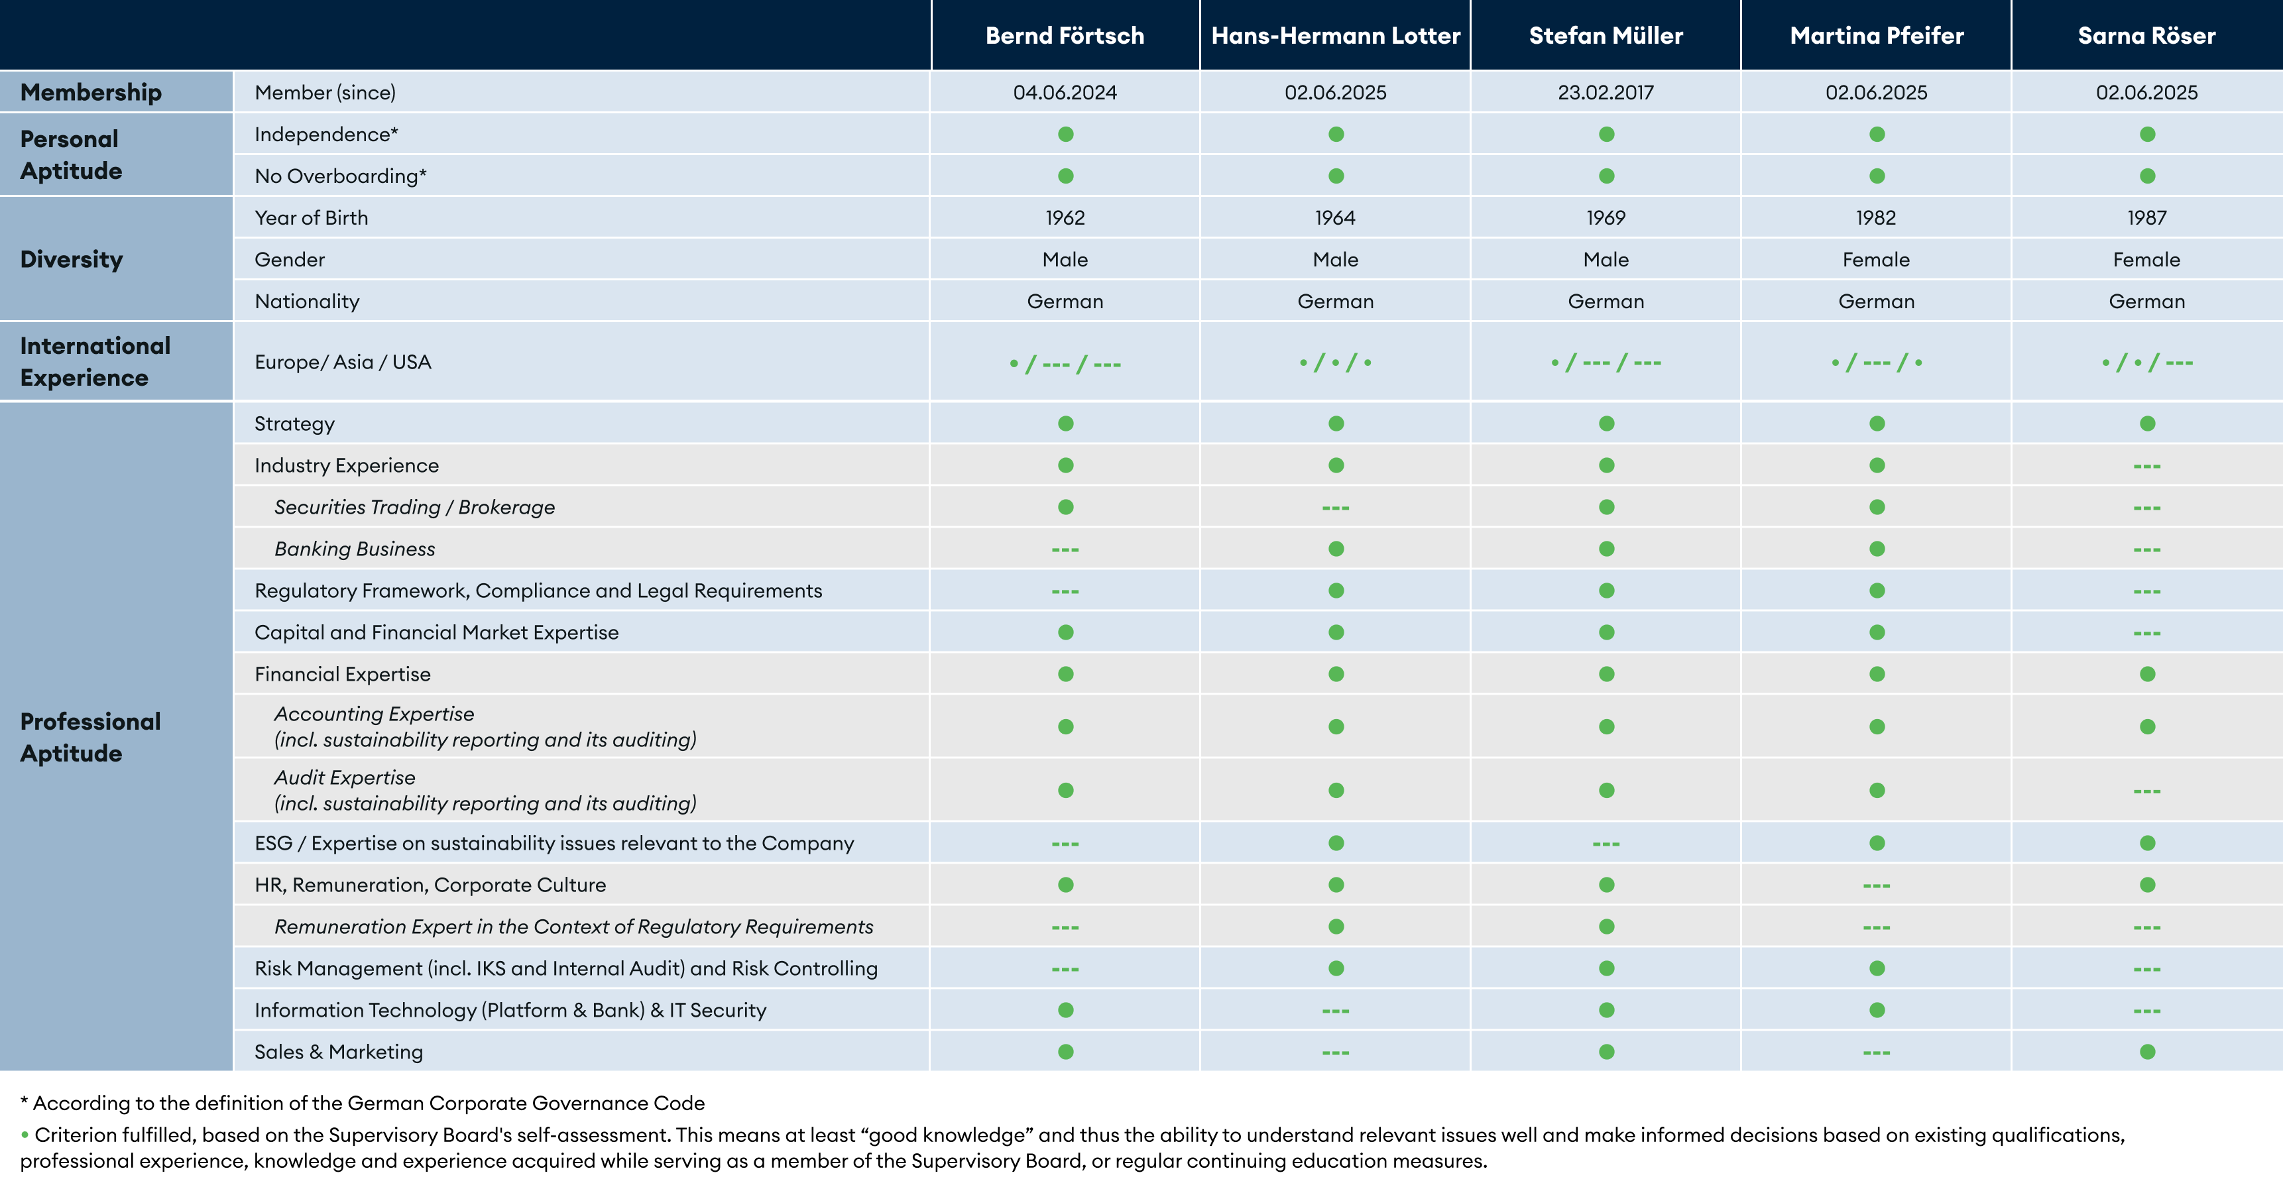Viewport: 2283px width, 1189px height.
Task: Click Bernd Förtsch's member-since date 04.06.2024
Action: click(1065, 92)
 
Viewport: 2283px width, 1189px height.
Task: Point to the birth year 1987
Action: click(2146, 218)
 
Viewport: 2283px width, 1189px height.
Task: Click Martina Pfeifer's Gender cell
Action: click(1875, 260)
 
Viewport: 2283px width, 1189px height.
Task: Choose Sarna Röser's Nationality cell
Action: click(2146, 302)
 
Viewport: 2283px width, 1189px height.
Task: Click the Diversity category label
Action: click(72, 260)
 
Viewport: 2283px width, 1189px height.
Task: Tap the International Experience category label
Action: click(95, 361)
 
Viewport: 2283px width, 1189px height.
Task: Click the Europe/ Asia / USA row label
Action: click(342, 361)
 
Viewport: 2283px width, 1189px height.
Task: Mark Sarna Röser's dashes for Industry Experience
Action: click(2146, 466)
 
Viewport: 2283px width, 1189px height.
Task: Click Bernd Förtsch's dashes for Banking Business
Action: click(1065, 549)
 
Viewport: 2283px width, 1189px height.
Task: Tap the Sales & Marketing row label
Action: click(339, 1052)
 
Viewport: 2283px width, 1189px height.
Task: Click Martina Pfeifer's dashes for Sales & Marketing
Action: click(1875, 1052)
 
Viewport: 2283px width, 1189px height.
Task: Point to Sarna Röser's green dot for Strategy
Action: click(2146, 424)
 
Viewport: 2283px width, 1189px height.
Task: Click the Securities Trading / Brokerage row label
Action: click(414, 507)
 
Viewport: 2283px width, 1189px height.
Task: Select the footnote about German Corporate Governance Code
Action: click(363, 1103)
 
